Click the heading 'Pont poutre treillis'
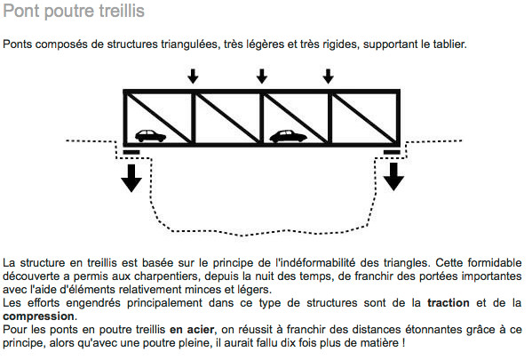74,12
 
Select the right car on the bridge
287,136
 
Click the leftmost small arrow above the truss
192,77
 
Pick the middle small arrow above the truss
260,77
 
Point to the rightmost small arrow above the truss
328,77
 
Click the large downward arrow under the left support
131,177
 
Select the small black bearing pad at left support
131,152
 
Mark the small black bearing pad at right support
393,152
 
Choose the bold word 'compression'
39,316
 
